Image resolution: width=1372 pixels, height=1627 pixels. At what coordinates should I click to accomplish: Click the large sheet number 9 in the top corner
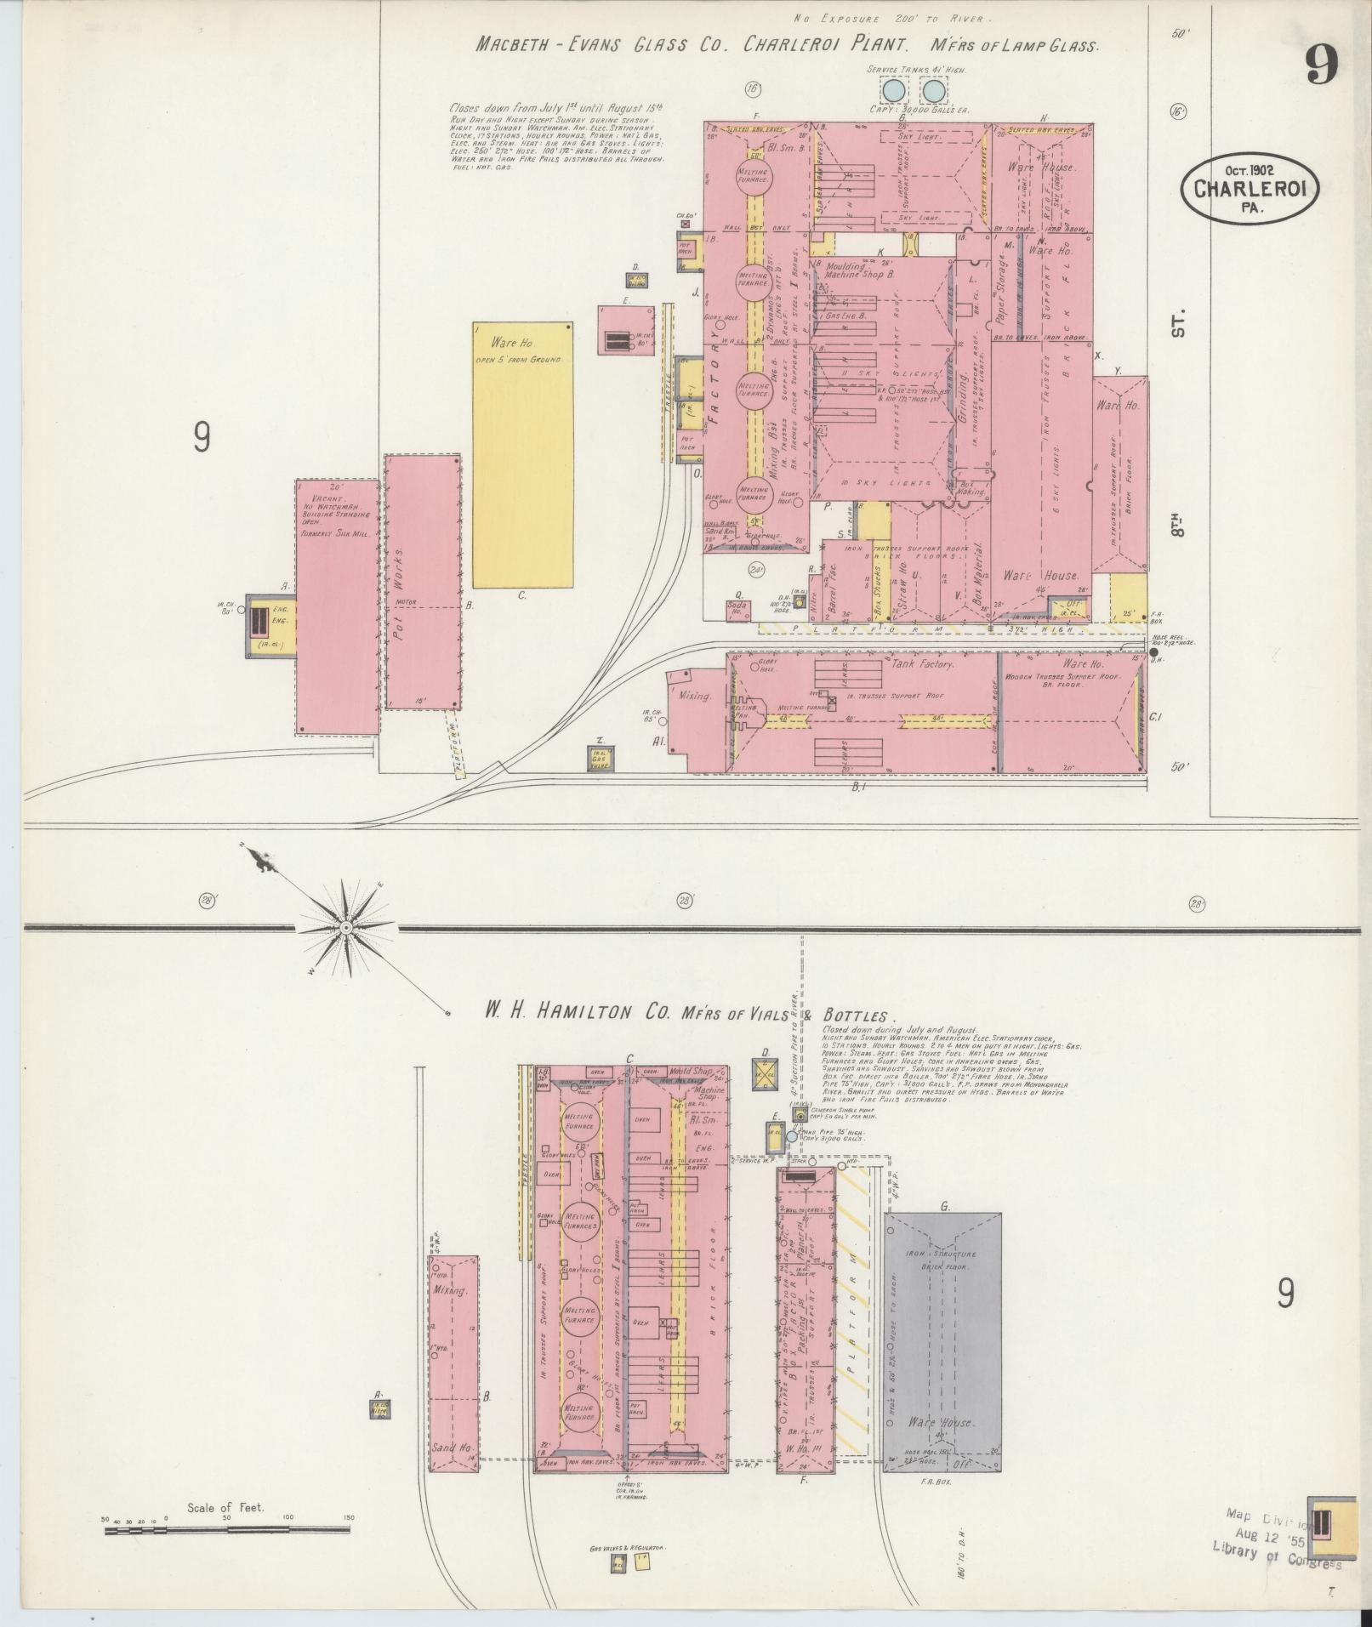click(x=1321, y=64)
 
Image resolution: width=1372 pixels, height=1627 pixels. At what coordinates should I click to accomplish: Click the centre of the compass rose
click(x=346, y=927)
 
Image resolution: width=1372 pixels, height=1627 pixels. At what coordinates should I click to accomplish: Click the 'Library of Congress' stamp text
click(x=1277, y=965)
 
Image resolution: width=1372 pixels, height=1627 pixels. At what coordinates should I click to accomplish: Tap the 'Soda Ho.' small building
click(x=737, y=609)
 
